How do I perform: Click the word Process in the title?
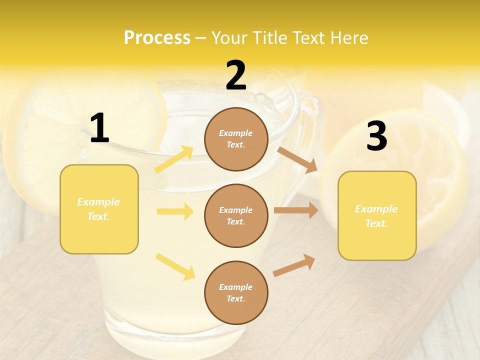click(x=157, y=38)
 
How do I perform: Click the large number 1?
click(x=99, y=128)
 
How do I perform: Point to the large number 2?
click(x=236, y=76)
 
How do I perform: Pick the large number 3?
click(x=376, y=136)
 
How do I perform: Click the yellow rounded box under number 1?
click(x=99, y=209)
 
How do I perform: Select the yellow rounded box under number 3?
click(x=377, y=215)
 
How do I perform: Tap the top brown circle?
click(x=236, y=139)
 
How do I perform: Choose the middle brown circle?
click(x=236, y=215)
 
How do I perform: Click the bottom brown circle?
click(x=236, y=292)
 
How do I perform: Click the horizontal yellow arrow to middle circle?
click(x=175, y=211)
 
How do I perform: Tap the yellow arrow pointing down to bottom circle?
click(x=175, y=266)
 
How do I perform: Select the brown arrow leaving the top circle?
click(x=297, y=159)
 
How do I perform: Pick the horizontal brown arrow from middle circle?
click(x=296, y=210)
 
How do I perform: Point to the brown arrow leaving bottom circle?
click(x=294, y=265)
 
